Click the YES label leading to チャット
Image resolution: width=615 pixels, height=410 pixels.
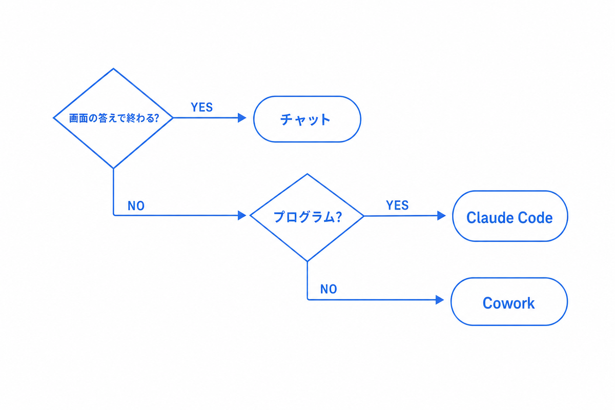tap(202, 108)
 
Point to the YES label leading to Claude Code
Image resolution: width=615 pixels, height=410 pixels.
tap(397, 205)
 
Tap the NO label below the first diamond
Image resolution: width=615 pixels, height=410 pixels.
tap(136, 206)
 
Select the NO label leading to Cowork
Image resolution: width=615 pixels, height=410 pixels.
tap(329, 289)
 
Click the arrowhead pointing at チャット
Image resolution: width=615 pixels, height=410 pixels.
tap(242, 118)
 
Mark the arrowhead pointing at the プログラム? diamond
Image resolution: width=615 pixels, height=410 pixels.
tap(242, 215)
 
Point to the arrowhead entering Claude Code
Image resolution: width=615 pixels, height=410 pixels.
tap(441, 216)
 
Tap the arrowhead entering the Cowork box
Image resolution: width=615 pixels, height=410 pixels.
tap(440, 300)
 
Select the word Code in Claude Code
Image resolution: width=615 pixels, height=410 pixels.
tap(535, 218)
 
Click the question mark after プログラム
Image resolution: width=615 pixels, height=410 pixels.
tap(339, 217)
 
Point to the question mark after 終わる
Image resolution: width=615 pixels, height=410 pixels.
tap(156, 118)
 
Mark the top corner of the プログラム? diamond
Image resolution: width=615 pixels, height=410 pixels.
tap(307, 174)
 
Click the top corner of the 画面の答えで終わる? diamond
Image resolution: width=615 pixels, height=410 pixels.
tap(113, 68)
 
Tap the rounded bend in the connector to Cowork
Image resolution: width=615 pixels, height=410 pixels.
tap(308, 299)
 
